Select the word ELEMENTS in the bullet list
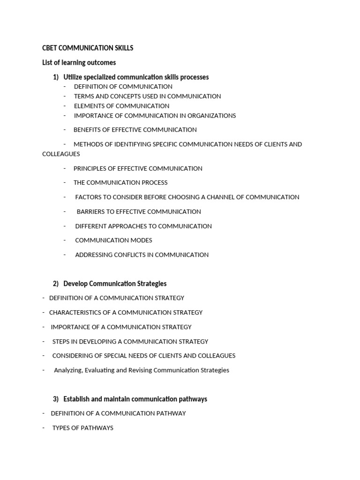point(87,106)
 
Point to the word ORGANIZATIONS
point(212,115)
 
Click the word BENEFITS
point(88,130)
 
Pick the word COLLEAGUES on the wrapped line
point(61,154)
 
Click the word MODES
point(140,240)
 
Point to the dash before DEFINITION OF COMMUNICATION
point(65,87)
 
